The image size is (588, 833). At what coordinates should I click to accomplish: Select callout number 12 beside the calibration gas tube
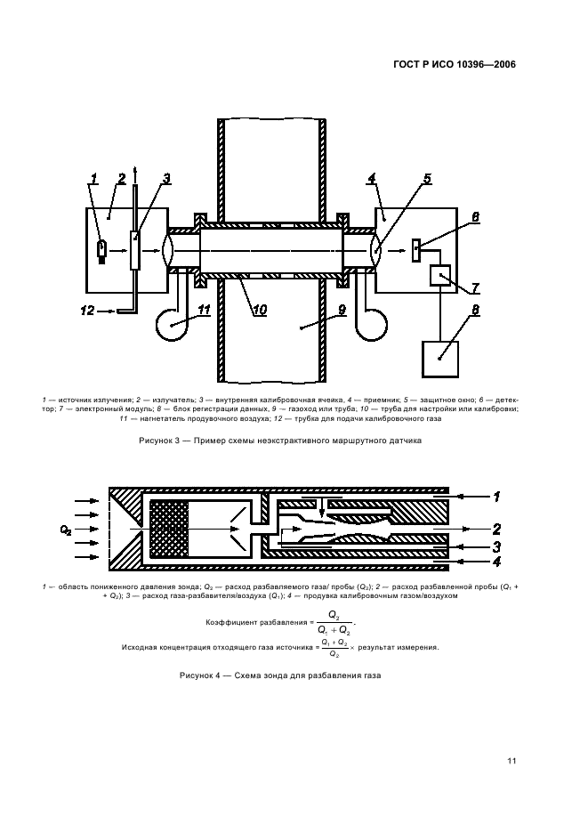click(x=86, y=311)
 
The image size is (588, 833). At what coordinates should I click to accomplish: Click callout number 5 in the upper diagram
click(x=427, y=179)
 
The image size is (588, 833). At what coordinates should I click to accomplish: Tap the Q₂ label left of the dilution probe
click(x=66, y=530)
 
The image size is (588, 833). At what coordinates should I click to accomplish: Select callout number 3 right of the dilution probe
click(x=497, y=546)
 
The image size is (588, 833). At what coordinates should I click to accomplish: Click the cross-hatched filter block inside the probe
click(x=170, y=530)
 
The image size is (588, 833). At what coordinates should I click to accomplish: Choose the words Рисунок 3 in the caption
click(x=161, y=440)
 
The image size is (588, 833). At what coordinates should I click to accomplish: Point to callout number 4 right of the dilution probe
click(x=497, y=562)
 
